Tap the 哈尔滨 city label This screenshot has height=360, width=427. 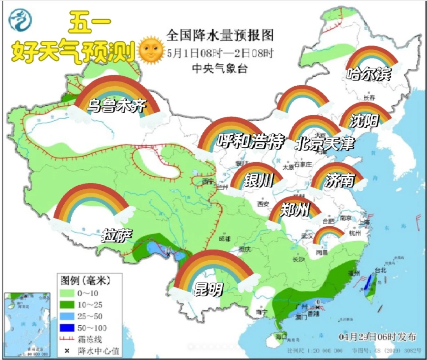click(x=368, y=74)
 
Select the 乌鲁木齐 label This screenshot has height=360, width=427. click(x=117, y=105)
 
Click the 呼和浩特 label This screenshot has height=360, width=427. click(x=251, y=141)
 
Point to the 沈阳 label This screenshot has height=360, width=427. click(x=364, y=121)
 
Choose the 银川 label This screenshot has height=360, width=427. click(x=259, y=181)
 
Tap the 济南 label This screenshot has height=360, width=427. click(x=339, y=181)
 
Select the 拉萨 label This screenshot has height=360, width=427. click(x=117, y=235)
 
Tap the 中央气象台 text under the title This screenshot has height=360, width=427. click(x=220, y=68)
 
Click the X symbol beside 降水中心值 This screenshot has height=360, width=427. click(x=67, y=350)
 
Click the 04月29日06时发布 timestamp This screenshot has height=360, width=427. click(x=378, y=337)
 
